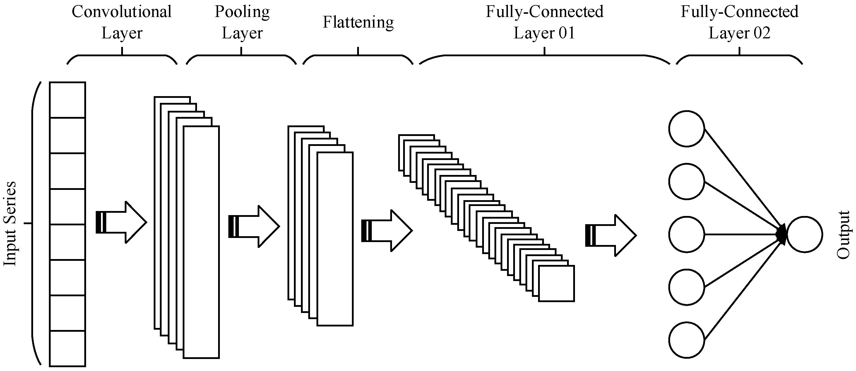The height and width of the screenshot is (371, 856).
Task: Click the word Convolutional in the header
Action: click(121, 12)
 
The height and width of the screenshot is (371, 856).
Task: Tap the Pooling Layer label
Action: click(242, 22)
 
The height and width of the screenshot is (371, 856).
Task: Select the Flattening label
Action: click(358, 22)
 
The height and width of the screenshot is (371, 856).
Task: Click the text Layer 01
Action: click(544, 33)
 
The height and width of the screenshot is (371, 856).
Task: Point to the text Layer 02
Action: click(739, 33)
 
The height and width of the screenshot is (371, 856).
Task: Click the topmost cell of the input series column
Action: click(67, 100)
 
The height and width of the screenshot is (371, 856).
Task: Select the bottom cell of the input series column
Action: click(67, 348)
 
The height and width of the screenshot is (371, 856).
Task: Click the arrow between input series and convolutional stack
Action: click(121, 222)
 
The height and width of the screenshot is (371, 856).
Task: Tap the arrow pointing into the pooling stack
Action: click(254, 226)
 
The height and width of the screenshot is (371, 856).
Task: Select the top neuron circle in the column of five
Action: click(686, 129)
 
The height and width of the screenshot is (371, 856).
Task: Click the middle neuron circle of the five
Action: click(686, 234)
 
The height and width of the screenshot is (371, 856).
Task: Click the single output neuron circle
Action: click(804, 234)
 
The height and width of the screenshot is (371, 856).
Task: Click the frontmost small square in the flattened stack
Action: click(556, 283)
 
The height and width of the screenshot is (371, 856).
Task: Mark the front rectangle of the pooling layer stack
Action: click(335, 239)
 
